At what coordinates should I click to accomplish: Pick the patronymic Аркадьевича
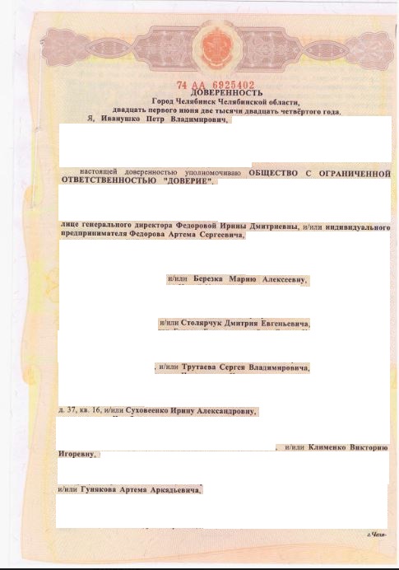(174, 489)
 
